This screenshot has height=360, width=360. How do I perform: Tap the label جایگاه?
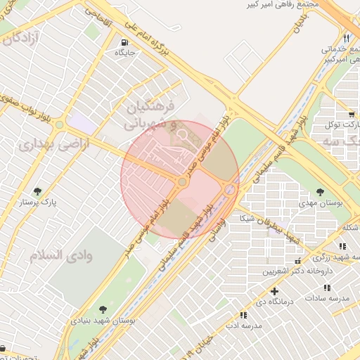pos(121,52)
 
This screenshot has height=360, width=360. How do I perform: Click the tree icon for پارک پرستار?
pos(38,191)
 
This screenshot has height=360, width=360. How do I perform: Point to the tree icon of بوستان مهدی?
pos(320,191)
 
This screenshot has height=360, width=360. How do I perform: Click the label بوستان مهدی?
pos(321,202)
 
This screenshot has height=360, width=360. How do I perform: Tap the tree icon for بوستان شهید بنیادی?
pos(103,309)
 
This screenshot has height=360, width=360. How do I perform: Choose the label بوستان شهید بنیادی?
pos(103,320)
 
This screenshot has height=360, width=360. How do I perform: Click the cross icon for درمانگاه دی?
pos(274,290)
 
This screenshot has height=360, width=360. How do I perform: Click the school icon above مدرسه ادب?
pos(243,316)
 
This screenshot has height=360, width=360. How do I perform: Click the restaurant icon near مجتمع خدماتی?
pos(346,38)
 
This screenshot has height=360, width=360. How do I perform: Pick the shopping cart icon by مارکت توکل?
pos(350,113)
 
